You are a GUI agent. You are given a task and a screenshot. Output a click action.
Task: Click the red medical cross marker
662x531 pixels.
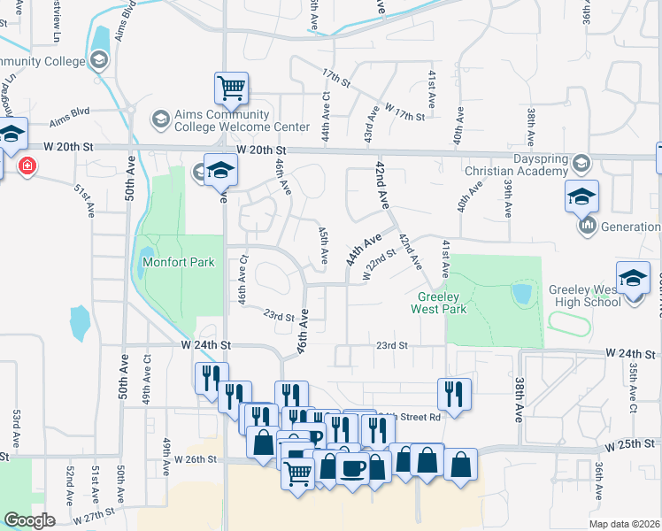(x=27, y=166)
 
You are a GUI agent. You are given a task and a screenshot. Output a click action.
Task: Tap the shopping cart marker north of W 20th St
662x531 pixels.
(x=231, y=88)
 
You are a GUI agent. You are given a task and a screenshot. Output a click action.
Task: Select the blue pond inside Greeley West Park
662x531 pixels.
(x=521, y=292)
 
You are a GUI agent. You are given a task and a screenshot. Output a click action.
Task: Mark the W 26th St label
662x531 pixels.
(x=196, y=459)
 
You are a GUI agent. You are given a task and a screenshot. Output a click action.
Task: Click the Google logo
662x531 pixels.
(x=29, y=520)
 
